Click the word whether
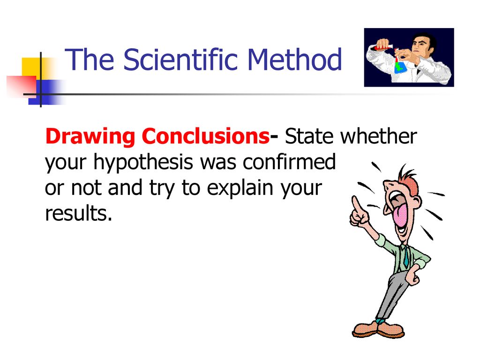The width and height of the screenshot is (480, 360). (378, 137)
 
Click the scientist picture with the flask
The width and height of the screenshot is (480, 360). (409, 57)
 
